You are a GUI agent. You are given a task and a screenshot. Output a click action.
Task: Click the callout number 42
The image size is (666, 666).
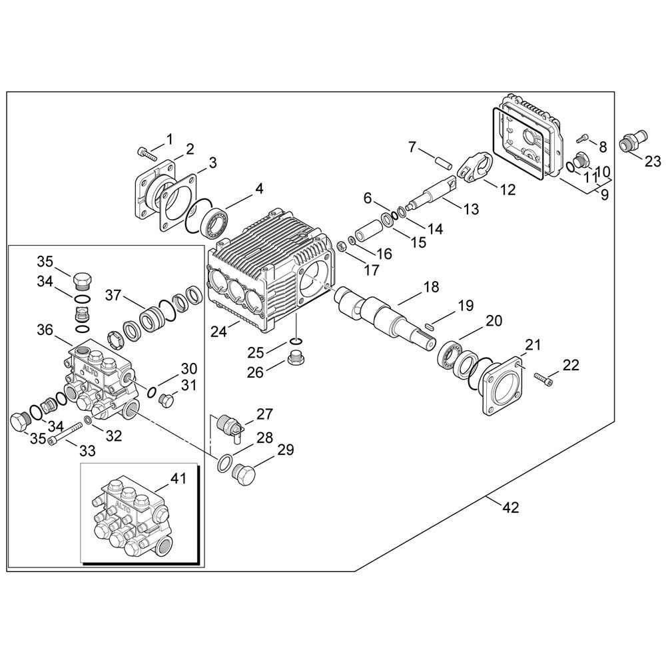pyautogui.click(x=510, y=507)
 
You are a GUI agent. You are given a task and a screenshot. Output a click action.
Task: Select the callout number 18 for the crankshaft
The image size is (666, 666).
pyautogui.click(x=431, y=286)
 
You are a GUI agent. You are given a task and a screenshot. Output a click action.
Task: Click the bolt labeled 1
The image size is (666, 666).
pyautogui.click(x=146, y=154)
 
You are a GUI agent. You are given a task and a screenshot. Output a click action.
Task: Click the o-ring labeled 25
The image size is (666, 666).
pyautogui.click(x=294, y=342)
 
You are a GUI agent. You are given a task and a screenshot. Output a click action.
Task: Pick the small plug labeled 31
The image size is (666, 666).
pyautogui.click(x=166, y=399)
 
